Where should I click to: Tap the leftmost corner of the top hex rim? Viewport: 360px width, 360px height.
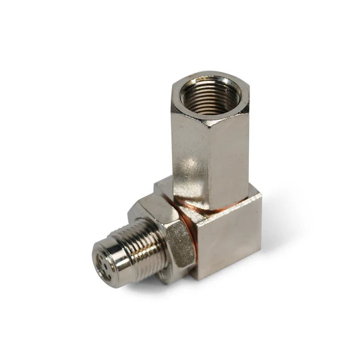171,93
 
